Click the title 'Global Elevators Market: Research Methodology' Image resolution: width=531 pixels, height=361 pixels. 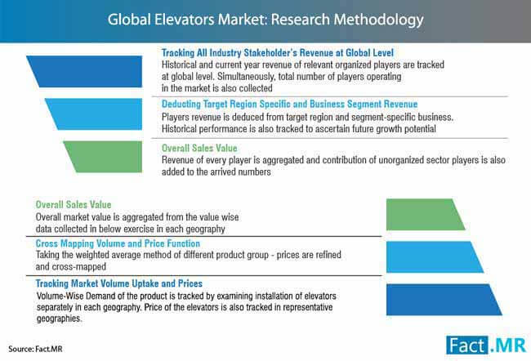point(265,20)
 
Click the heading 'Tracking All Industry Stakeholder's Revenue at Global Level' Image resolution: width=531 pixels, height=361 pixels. point(278,53)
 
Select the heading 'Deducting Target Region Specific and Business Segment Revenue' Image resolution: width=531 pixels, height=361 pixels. point(289,104)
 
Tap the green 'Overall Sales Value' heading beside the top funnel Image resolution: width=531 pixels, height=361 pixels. point(199,148)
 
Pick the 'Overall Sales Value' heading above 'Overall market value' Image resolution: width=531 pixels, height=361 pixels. point(74,204)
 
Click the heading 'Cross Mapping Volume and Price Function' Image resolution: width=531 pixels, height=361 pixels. point(118,243)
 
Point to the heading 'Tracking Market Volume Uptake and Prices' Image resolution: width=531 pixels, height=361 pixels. point(119,283)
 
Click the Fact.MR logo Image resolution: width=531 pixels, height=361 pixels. point(486,345)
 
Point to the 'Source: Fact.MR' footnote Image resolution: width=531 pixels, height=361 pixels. point(36,349)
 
